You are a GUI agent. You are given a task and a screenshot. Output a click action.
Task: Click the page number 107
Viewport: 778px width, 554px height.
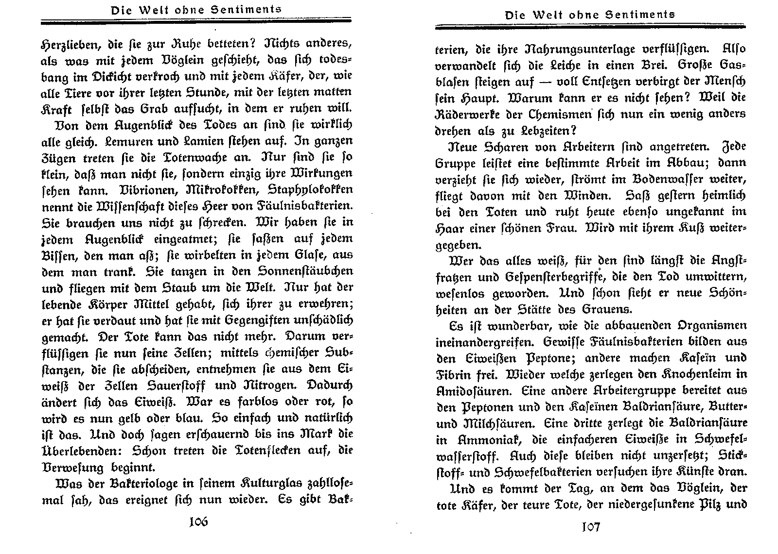pyautogui.click(x=590, y=527)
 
